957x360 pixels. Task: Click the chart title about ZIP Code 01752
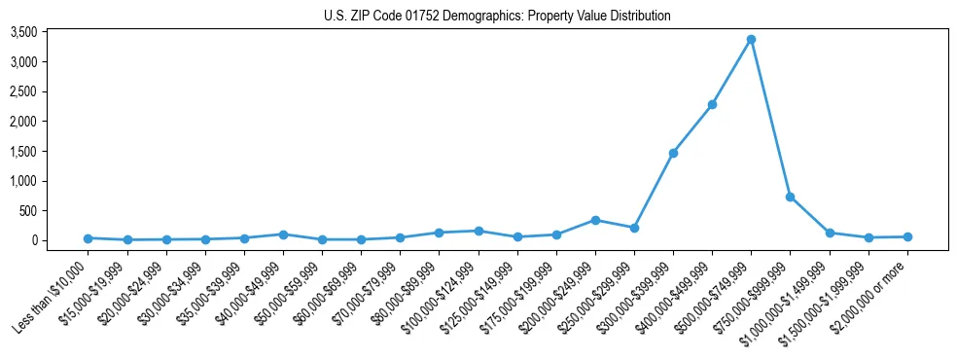tap(497, 16)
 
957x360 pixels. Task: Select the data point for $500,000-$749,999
tap(751, 40)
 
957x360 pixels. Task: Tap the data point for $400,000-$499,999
tap(712, 104)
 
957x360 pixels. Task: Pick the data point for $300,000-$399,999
tap(673, 153)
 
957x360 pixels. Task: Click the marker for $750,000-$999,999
tap(790, 197)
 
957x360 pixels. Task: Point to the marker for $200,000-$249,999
tap(595, 220)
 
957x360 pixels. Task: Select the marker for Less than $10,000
tap(88, 238)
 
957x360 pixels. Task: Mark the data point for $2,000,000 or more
tap(907, 236)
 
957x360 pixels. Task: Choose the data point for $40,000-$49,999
tap(283, 234)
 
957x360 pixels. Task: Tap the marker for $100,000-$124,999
tap(478, 231)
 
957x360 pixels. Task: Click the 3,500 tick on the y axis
tap(51, 32)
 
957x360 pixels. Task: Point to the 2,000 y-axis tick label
tap(51, 122)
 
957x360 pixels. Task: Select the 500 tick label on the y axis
tap(56, 211)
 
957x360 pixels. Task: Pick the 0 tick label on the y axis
tap(61, 240)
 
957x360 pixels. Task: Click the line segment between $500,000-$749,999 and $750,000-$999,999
tap(770, 118)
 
